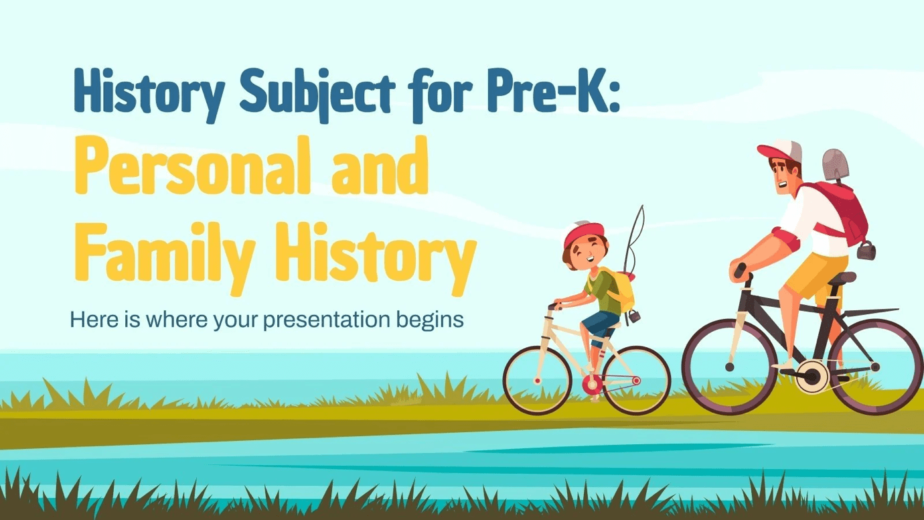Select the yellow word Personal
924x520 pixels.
pyautogui.click(x=191, y=166)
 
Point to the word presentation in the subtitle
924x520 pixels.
pyautogui.click(x=326, y=320)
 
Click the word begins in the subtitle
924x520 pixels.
pyautogui.click(x=430, y=320)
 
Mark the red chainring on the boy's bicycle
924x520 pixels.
pyautogui.click(x=593, y=385)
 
